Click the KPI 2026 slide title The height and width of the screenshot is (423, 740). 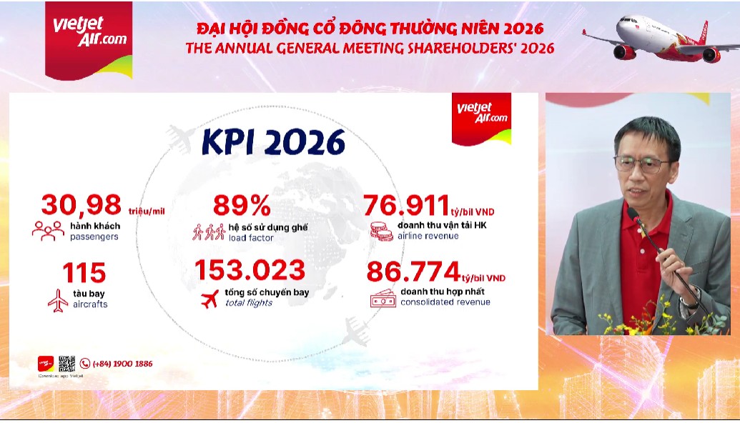point(273,141)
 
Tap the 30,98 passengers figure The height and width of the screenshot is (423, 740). point(81,205)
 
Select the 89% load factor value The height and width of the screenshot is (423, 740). point(242,206)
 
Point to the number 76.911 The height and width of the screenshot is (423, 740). point(406,206)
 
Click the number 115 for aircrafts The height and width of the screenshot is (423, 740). point(84,273)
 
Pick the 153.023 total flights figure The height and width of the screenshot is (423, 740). point(250,270)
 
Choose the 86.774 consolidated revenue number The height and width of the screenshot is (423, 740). point(412,272)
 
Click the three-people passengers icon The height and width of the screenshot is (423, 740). point(48,230)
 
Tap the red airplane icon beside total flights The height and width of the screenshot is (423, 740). point(209,299)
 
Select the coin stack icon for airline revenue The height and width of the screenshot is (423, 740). point(378,231)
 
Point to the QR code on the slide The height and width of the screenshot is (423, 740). point(67,363)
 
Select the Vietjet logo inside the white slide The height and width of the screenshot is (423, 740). point(482,113)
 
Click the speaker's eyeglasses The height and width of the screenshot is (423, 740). point(641,164)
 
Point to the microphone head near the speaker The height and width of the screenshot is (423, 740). point(633,214)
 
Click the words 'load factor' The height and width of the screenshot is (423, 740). point(251,237)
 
